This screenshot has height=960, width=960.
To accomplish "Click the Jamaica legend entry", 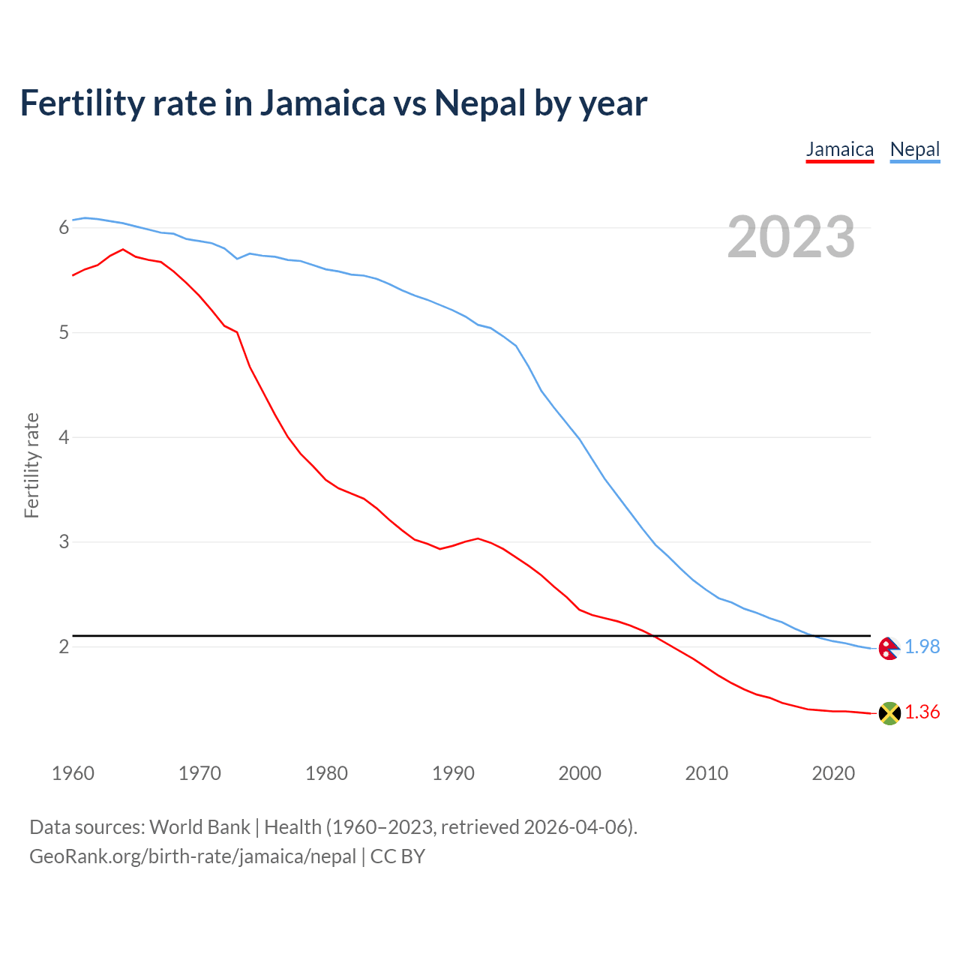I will coord(839,150).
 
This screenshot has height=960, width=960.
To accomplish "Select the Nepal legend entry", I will coord(914,150).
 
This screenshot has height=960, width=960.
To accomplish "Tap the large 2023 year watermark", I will coord(791,237).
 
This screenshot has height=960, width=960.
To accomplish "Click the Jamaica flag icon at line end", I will coord(889,713).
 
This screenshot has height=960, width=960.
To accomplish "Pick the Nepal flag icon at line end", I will coord(889,648).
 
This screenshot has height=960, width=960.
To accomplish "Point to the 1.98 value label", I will coord(922,646).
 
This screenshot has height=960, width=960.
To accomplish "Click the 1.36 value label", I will coord(922,712).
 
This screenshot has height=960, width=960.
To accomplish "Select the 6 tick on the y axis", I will coord(64,227).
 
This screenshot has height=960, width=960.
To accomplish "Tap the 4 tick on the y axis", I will coord(64,437).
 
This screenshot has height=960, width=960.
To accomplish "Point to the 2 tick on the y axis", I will coord(64,646).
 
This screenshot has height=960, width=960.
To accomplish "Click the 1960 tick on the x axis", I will coord(73,773).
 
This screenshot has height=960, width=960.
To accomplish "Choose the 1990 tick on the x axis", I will coord(453,773).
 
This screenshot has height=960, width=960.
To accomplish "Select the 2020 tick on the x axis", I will coord(833,773).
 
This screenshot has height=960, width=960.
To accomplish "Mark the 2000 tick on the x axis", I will coord(580,773).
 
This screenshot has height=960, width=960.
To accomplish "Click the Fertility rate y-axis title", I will coord(31,465).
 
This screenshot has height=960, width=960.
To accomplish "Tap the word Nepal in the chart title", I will coord(480,103).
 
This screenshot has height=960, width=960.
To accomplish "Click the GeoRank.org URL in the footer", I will coord(193,856).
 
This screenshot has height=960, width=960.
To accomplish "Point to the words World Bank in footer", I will coord(199,827).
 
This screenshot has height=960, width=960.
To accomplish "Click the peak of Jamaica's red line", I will coord(123,249).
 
